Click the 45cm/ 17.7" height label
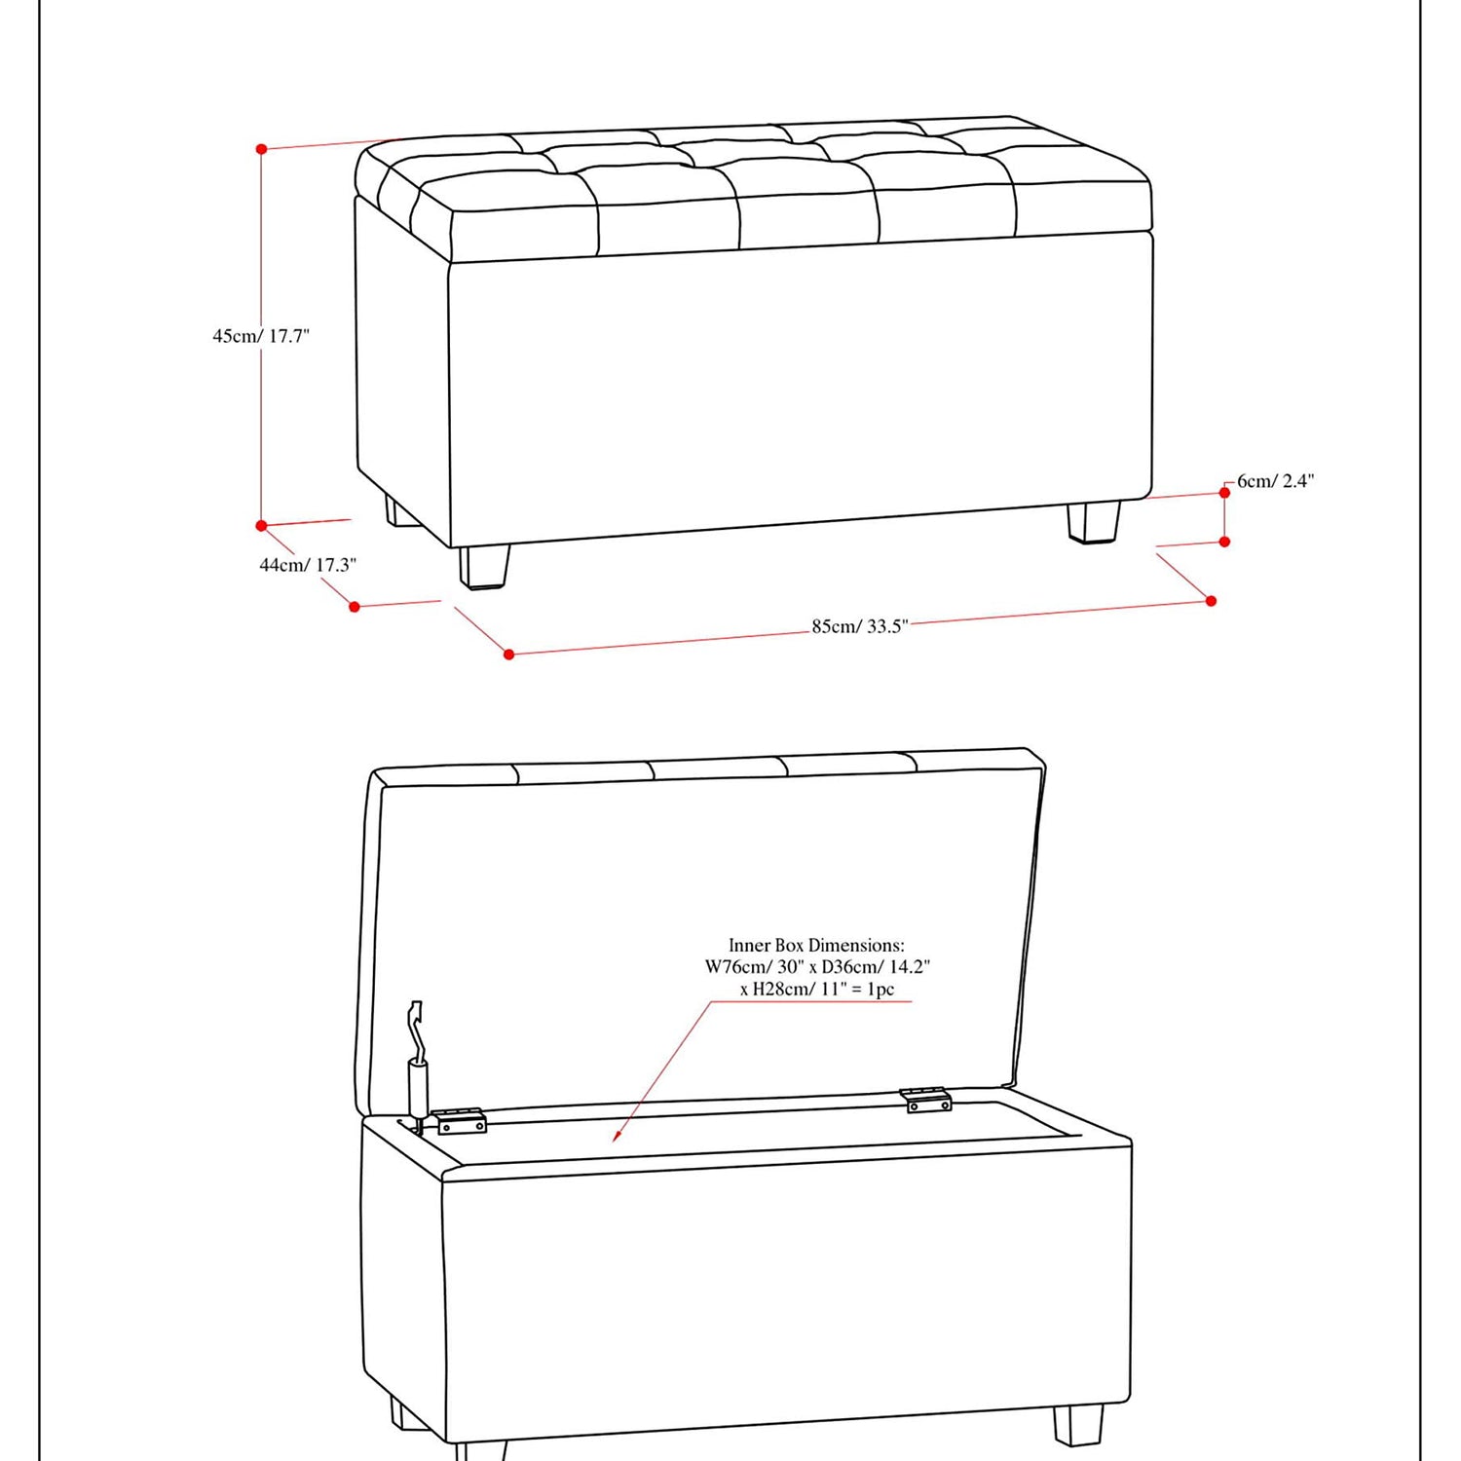261,336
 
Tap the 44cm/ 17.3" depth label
308,565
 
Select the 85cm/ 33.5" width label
860,626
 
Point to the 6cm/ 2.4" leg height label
1276,481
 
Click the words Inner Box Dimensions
816,945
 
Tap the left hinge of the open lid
461,1121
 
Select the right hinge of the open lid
925,1100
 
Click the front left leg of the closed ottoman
484,566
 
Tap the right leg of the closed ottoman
1094,521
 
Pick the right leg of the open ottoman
1079,1425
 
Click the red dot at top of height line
261,149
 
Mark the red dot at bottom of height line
261,526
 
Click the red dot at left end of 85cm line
508,655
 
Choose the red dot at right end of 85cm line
1211,601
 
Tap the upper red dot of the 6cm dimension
1224,493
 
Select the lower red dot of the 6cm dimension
1224,542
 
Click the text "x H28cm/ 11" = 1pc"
816,990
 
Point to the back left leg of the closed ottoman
400,511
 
